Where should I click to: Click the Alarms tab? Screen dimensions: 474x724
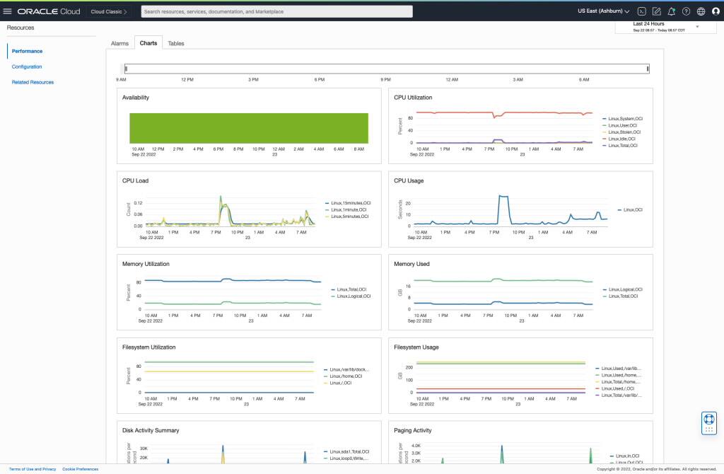click(119, 43)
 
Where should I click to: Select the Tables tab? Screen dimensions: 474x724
click(176, 43)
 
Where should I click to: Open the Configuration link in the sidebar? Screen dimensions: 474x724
click(27, 67)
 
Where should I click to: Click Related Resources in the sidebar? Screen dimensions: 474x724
click(33, 82)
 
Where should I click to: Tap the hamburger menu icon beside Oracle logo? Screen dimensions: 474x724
click(8, 11)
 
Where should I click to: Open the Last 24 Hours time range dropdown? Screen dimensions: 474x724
click(658, 26)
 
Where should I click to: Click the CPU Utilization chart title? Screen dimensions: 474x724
click(413, 98)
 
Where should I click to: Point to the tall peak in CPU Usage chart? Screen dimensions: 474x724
click(503, 196)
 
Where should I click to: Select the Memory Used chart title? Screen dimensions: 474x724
click(411, 264)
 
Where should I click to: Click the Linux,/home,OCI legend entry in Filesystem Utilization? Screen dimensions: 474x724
click(346, 376)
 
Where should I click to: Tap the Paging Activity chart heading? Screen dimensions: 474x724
click(412, 430)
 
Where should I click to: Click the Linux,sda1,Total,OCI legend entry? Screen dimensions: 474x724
click(349, 451)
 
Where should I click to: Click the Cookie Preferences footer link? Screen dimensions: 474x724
click(80, 469)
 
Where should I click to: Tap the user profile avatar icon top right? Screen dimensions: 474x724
click(716, 11)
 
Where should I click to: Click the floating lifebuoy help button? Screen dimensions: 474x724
click(708, 422)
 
